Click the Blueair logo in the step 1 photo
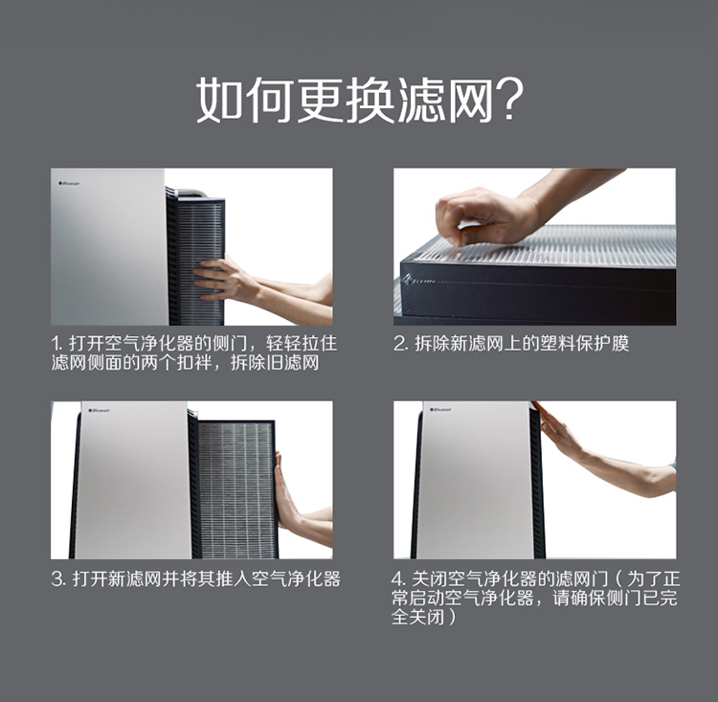69,183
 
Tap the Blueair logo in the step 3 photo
99,411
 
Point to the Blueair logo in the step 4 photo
440,409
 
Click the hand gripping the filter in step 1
223,279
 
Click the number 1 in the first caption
56,344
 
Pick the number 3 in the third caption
57,579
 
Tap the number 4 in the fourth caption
397,579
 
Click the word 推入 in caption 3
233,579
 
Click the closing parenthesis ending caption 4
453,617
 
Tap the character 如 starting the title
220,99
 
